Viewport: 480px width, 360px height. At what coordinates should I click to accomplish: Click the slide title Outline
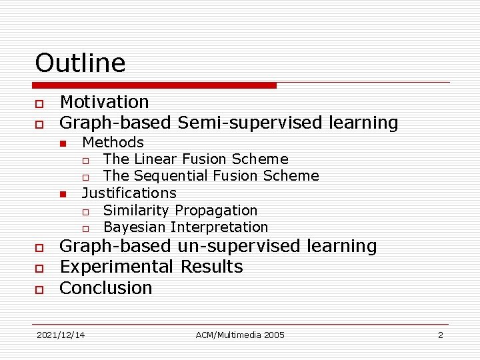(80, 63)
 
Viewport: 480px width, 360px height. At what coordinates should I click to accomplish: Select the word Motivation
(104, 102)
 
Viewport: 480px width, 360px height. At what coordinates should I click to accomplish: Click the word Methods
(113, 142)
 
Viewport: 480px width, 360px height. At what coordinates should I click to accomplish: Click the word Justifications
(129, 193)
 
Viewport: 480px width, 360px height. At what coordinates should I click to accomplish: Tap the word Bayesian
(135, 227)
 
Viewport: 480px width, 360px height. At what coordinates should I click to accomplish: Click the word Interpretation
(219, 227)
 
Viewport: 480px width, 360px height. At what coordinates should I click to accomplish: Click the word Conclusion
(106, 288)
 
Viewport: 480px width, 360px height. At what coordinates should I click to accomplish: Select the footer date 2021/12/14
(61, 335)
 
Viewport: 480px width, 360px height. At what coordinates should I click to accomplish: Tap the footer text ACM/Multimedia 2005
(240, 335)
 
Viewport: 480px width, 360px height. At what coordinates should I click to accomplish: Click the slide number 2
(440, 335)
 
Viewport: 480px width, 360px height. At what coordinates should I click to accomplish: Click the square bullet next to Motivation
(39, 103)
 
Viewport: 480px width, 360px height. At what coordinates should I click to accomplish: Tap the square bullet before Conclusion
(39, 289)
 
